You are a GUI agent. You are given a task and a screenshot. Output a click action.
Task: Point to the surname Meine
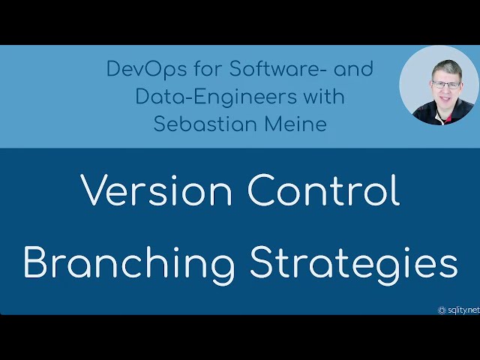pos(294,124)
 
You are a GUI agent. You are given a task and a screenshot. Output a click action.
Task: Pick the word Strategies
pos(352,263)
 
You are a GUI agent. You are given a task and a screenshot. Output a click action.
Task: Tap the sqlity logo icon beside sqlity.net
pos(442,309)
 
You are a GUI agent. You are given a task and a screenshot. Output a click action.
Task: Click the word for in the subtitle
pos(190,70)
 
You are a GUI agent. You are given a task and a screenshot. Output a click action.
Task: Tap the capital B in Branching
pos(37,263)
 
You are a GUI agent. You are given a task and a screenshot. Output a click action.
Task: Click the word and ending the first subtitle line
pos(353,70)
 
